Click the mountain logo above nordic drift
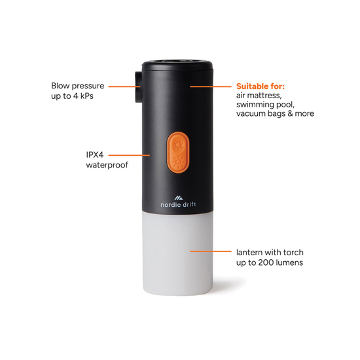tap(178, 196)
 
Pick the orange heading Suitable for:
tap(264, 86)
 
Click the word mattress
tap(266, 96)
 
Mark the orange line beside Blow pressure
tap(122, 86)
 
